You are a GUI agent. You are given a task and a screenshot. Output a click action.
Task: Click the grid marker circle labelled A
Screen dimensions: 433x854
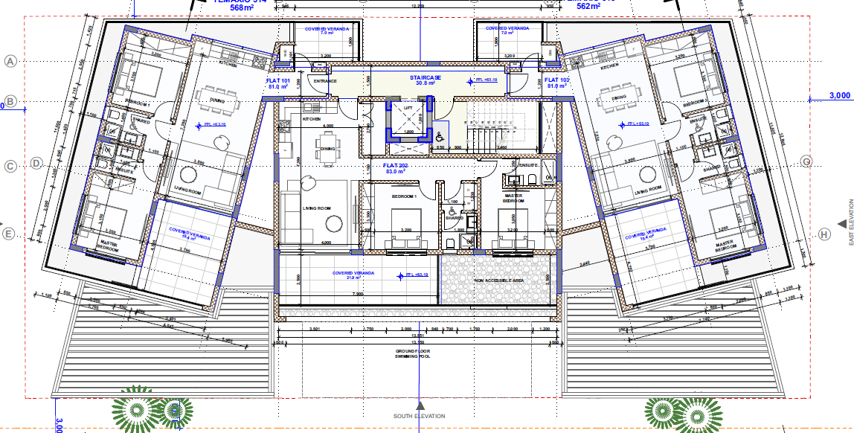10,62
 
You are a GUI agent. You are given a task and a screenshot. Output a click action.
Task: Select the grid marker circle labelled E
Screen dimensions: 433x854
10,234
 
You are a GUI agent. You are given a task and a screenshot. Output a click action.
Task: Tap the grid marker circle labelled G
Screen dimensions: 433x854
805,161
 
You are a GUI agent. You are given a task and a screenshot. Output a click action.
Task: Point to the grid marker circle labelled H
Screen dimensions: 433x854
823,234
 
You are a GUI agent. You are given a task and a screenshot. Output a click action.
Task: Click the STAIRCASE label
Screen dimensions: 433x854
426,77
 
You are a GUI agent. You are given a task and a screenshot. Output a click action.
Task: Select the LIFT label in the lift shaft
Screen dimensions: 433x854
407,109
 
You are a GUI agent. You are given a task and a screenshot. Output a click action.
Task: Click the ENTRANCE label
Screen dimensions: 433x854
326,81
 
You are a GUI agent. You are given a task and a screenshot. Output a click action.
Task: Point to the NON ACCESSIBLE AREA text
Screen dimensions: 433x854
499,281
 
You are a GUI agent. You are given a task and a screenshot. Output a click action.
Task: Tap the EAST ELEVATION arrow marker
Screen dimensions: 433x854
841,222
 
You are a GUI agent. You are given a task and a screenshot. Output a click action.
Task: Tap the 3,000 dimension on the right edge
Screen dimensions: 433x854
838,96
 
